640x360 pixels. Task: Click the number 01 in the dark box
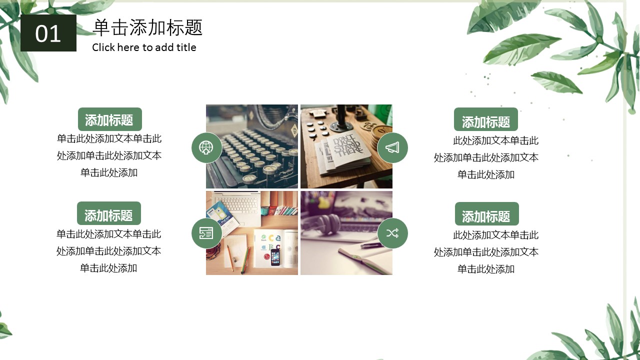(x=48, y=33)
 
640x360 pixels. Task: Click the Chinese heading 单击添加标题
(x=147, y=27)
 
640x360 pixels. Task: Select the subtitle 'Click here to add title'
(x=144, y=47)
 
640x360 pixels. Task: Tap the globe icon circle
(x=206, y=147)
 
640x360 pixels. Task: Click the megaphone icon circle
(x=392, y=147)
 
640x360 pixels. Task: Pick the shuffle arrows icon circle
(x=392, y=233)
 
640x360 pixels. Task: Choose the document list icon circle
(x=206, y=233)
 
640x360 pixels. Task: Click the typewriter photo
(x=251, y=146)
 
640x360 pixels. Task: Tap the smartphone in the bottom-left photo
(x=275, y=257)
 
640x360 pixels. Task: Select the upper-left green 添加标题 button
(x=109, y=119)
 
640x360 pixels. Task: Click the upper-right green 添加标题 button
(x=485, y=119)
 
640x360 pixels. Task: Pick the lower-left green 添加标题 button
(x=109, y=213)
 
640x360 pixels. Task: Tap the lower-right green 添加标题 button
(x=487, y=213)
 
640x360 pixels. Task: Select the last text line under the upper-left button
(x=109, y=172)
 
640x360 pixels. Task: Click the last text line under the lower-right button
(x=486, y=269)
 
